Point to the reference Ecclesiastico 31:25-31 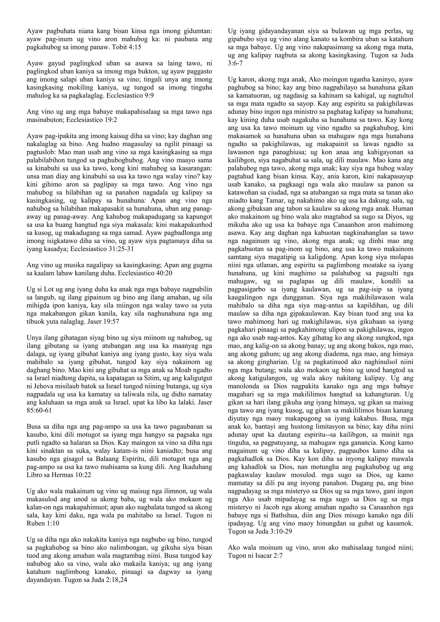click(102, 249)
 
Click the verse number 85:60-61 click(39, 410)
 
